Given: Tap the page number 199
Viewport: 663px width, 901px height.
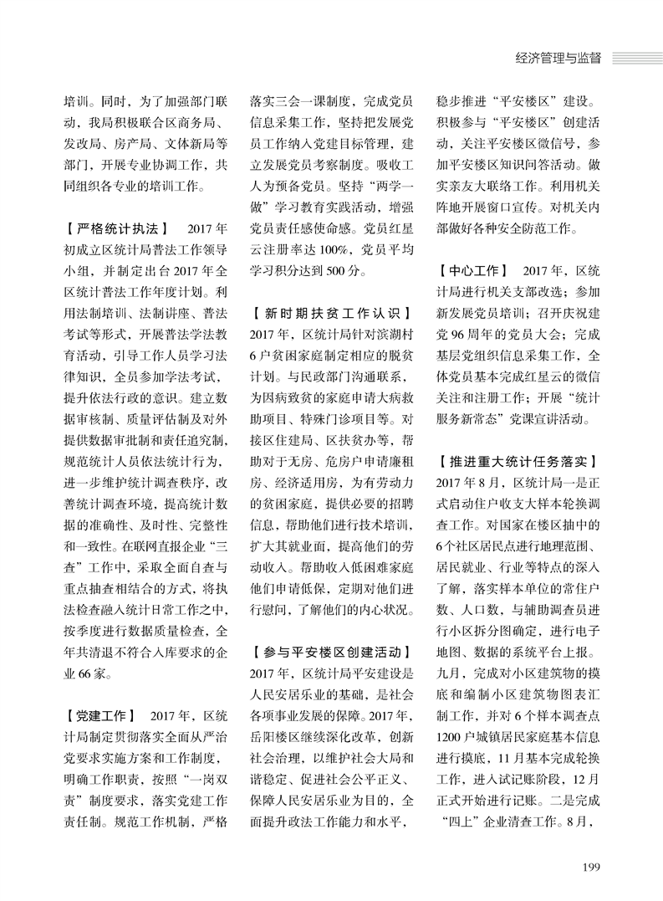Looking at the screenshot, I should point(591,865).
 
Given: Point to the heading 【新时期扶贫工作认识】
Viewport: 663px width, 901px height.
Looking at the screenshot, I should point(331,314).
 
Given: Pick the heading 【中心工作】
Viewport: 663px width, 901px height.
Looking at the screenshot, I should point(473,271).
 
